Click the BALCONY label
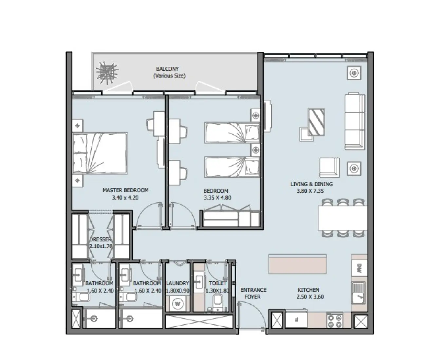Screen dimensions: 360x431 click(x=167, y=69)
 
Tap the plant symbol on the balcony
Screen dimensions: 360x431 click(x=106, y=72)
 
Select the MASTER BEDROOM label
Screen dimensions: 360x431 click(x=125, y=190)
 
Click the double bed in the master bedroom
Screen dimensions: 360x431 click(x=100, y=153)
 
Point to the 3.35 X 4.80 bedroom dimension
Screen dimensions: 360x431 click(x=216, y=198)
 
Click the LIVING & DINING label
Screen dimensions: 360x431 click(x=311, y=184)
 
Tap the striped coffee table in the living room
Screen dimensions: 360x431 click(x=316, y=122)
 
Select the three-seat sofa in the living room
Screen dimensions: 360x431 click(x=354, y=121)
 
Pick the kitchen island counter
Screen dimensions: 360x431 click(x=297, y=264)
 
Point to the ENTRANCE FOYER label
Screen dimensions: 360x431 click(x=253, y=293)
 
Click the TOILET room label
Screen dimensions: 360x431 click(x=217, y=283)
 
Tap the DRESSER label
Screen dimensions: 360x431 click(x=101, y=240)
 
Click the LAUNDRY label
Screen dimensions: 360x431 click(x=178, y=283)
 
